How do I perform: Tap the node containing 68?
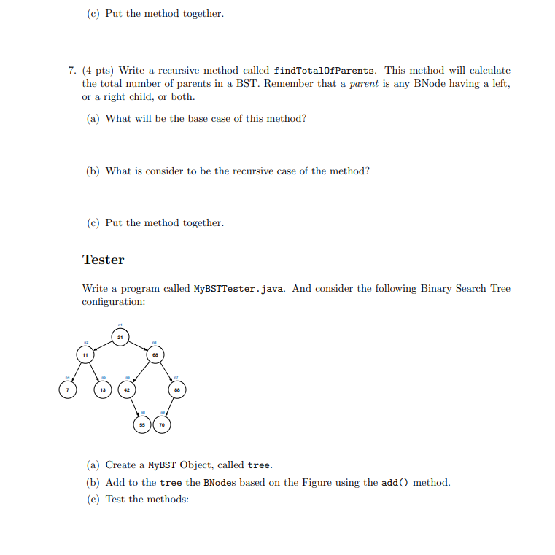[x=155, y=354]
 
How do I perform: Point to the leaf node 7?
[x=67, y=390]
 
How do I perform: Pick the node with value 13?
[x=103, y=390]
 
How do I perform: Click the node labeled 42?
[x=127, y=390]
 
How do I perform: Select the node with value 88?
[x=176, y=390]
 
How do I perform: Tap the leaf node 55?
[x=143, y=424]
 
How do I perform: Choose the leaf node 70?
[x=161, y=424]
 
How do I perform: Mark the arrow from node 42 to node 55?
[x=135, y=407]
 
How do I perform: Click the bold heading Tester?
[x=103, y=260]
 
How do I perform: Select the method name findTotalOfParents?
[x=325, y=71]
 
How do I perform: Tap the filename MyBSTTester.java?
[x=241, y=288]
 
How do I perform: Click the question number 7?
[x=71, y=71]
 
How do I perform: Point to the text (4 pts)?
[x=98, y=71]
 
